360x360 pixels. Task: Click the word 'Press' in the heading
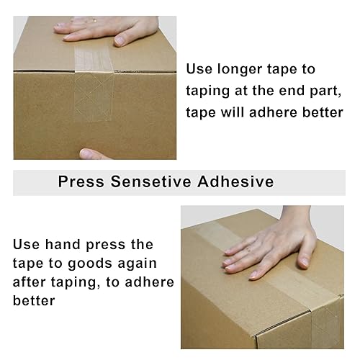point(81,181)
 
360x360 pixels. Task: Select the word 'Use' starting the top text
point(200,70)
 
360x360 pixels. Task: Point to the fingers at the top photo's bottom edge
point(97,153)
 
